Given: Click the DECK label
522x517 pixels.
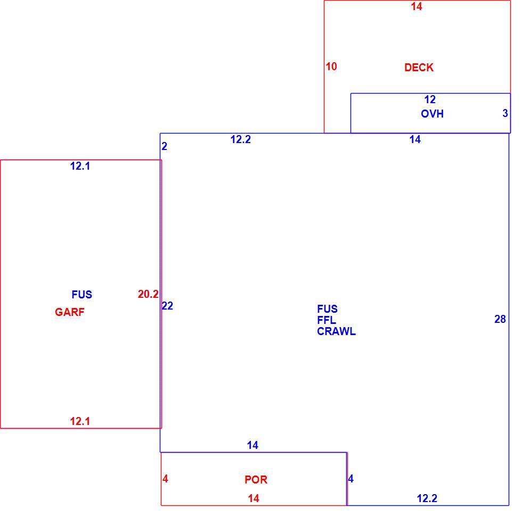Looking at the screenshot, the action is (x=419, y=68).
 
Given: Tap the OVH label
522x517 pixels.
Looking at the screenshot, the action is (x=432, y=114).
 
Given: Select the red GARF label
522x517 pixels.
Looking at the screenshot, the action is (x=70, y=312).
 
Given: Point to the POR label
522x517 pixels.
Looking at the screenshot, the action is (x=256, y=479).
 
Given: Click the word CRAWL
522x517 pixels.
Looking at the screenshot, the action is (x=336, y=331).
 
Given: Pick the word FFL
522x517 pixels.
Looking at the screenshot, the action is (x=327, y=320).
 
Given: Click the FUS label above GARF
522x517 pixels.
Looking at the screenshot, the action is (x=82, y=294).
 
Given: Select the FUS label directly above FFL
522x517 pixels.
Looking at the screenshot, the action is (x=327, y=309).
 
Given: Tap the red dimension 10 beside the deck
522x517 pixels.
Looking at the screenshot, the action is (x=331, y=66).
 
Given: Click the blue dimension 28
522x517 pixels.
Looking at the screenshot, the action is (x=500, y=319).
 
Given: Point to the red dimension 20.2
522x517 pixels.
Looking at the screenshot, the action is (x=148, y=294).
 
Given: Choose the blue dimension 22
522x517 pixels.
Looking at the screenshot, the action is (x=167, y=306).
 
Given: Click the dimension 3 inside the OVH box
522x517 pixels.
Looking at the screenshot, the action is (x=505, y=113).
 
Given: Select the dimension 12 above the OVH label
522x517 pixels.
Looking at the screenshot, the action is (x=430, y=99).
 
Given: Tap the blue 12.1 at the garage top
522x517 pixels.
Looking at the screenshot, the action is (x=80, y=166).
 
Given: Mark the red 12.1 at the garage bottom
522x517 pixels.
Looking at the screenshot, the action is (x=80, y=421).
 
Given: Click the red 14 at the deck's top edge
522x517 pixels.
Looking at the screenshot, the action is (x=417, y=6).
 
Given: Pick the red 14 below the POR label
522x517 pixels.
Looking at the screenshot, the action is (x=254, y=498).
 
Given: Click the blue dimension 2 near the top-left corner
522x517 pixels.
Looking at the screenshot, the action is (x=164, y=146).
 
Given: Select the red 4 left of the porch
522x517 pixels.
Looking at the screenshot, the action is (x=165, y=479).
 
